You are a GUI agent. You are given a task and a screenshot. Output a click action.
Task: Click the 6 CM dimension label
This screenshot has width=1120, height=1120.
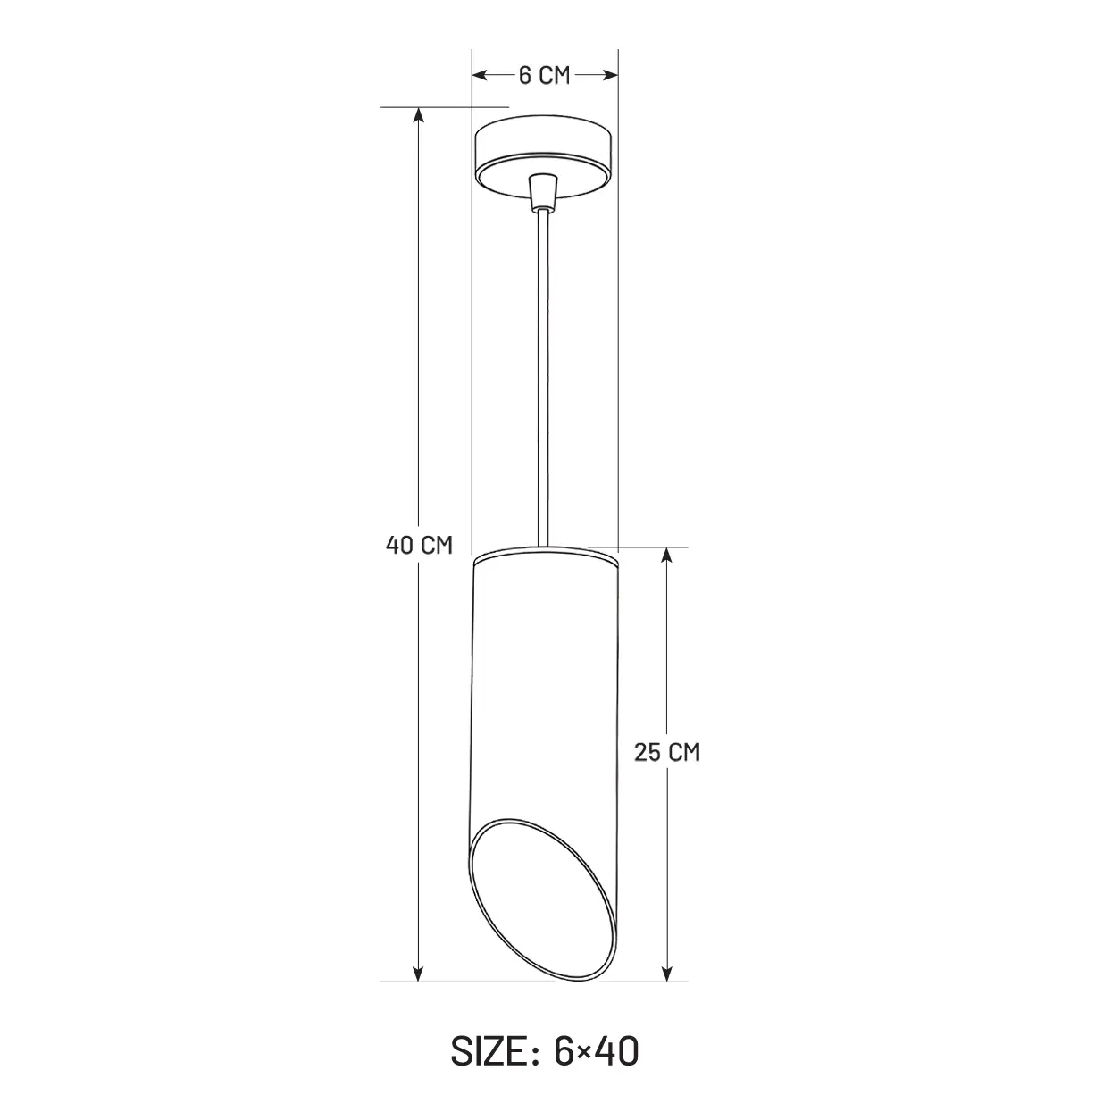pos(544,76)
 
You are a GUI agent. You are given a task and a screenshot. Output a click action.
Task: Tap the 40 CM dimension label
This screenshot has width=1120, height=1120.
pos(419,545)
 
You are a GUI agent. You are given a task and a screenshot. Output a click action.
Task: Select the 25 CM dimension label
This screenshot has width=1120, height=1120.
pos(666,752)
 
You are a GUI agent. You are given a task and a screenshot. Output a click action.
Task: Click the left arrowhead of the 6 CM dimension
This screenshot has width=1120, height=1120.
pos(479,75)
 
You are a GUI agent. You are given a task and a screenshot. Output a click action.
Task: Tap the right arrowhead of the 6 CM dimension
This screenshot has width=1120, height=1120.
pos(611,75)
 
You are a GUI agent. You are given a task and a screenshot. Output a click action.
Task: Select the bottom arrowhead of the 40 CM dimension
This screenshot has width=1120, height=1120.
pos(418,974)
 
